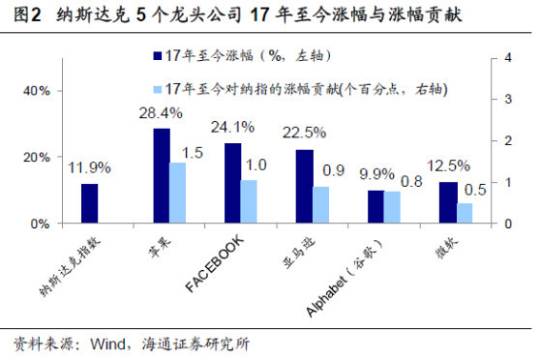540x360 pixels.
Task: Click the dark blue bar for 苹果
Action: coord(162,175)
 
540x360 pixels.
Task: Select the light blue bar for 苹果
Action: coord(179,193)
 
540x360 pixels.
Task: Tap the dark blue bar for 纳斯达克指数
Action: coord(89,203)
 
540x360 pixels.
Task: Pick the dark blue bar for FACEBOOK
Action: coord(233,183)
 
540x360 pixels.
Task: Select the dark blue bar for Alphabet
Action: coord(375,206)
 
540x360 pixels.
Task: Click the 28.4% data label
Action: coord(161,113)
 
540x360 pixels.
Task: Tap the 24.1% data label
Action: coord(232,127)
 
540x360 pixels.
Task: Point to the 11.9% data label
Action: coord(88,168)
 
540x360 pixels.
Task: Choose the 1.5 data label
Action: coord(192,152)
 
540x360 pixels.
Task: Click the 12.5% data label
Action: coord(447,166)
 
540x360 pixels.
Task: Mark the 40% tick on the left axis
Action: coord(36,91)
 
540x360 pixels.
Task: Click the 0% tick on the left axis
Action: coord(40,224)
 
